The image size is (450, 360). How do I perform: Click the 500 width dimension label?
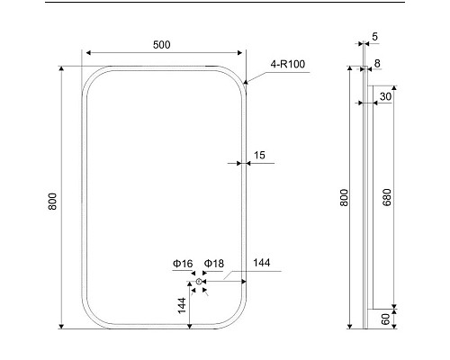point(162,45)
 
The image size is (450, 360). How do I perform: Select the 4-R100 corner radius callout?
point(288,64)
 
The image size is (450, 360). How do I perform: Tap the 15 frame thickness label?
point(259,155)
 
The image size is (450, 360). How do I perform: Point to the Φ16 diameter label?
point(183,264)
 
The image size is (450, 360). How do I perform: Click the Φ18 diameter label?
point(214,264)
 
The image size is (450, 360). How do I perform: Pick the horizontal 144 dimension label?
point(262,263)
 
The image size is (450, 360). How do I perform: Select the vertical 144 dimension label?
point(182,305)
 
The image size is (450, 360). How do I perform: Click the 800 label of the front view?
point(52,202)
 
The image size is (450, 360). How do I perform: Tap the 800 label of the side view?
point(344,197)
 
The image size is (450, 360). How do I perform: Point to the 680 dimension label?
point(387,197)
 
